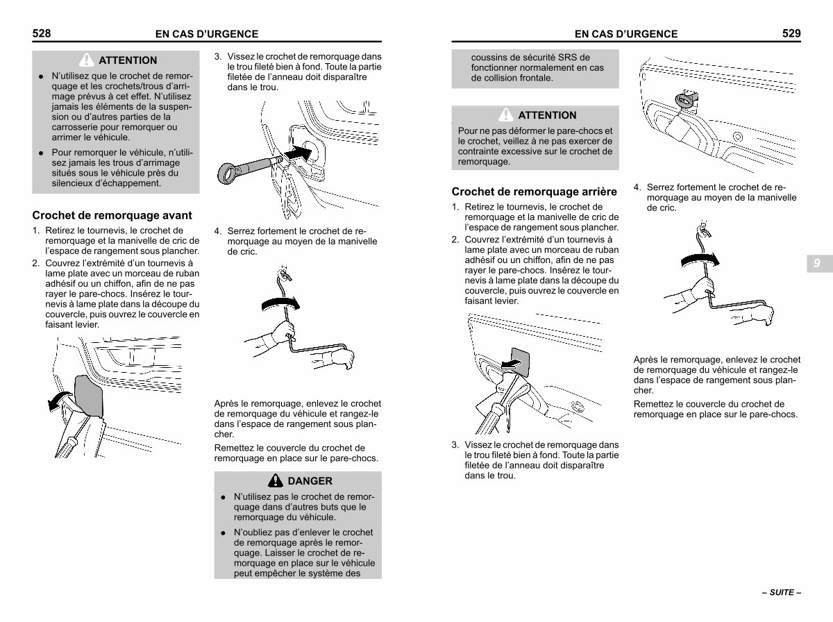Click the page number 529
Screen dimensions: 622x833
(x=791, y=33)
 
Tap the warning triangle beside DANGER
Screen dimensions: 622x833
(x=276, y=481)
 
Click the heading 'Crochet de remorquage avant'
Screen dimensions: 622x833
(x=112, y=215)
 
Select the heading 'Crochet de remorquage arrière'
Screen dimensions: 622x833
(x=534, y=191)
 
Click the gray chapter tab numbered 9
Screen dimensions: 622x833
(x=816, y=263)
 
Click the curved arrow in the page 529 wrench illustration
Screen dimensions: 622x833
(x=699, y=259)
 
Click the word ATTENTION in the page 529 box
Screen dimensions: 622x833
(x=547, y=115)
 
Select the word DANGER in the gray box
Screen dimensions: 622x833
(x=310, y=481)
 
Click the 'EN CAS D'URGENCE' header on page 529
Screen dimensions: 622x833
(x=626, y=34)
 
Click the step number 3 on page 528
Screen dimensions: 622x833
(x=217, y=56)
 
